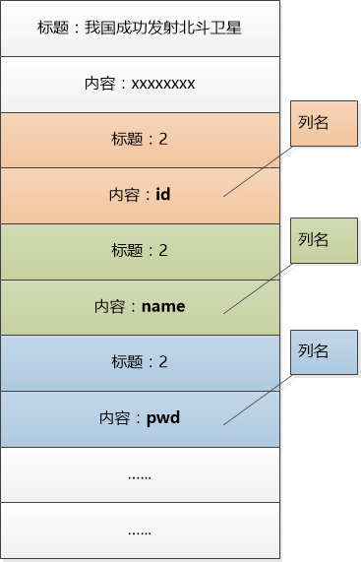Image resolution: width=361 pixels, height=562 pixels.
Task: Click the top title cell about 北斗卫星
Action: (x=140, y=28)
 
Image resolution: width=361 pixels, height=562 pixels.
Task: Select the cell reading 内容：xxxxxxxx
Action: (x=140, y=84)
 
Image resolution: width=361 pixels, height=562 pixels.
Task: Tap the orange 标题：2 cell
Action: (x=140, y=140)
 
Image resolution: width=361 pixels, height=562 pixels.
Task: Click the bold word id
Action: (x=163, y=195)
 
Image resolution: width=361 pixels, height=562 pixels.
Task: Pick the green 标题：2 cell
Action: (x=140, y=251)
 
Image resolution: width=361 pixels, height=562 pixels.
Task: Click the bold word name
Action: (x=163, y=306)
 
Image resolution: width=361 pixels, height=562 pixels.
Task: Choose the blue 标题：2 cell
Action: (x=140, y=362)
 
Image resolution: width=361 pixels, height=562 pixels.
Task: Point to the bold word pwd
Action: (x=163, y=417)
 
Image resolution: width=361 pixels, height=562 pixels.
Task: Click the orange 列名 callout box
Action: (x=324, y=123)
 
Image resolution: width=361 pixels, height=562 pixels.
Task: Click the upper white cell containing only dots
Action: (x=140, y=475)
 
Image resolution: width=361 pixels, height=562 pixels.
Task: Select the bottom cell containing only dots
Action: (x=140, y=531)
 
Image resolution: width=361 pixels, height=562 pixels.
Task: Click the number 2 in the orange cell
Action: (x=163, y=140)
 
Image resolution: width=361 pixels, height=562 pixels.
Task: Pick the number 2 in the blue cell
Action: (x=163, y=362)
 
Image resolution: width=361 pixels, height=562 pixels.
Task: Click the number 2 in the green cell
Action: (x=163, y=251)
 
